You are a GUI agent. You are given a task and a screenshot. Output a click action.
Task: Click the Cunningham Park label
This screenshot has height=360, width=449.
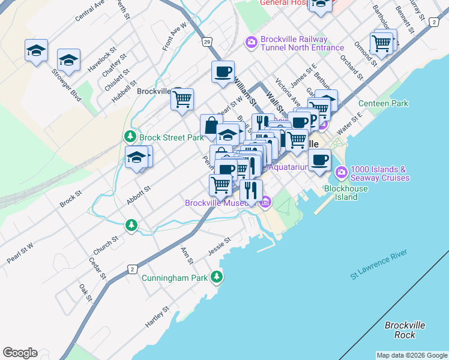(174, 278)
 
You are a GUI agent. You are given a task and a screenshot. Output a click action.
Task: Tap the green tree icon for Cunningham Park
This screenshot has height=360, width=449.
(216, 277)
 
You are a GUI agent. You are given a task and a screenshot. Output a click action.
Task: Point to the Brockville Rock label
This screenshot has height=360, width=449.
(405, 329)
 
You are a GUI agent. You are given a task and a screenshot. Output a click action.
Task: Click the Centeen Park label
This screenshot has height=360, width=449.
(383, 103)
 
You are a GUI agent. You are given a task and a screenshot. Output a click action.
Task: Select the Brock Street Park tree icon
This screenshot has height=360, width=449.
(130, 137)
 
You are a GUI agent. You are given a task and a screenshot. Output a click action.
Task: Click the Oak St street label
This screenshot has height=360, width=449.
(85, 293)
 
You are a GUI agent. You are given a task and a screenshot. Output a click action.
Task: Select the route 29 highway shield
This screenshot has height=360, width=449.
(206, 42)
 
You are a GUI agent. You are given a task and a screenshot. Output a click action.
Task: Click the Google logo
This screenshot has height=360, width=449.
(20, 353)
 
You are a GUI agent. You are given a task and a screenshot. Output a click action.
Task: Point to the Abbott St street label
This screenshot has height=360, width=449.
(138, 195)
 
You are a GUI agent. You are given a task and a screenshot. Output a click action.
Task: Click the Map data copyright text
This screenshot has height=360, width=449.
(412, 355)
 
